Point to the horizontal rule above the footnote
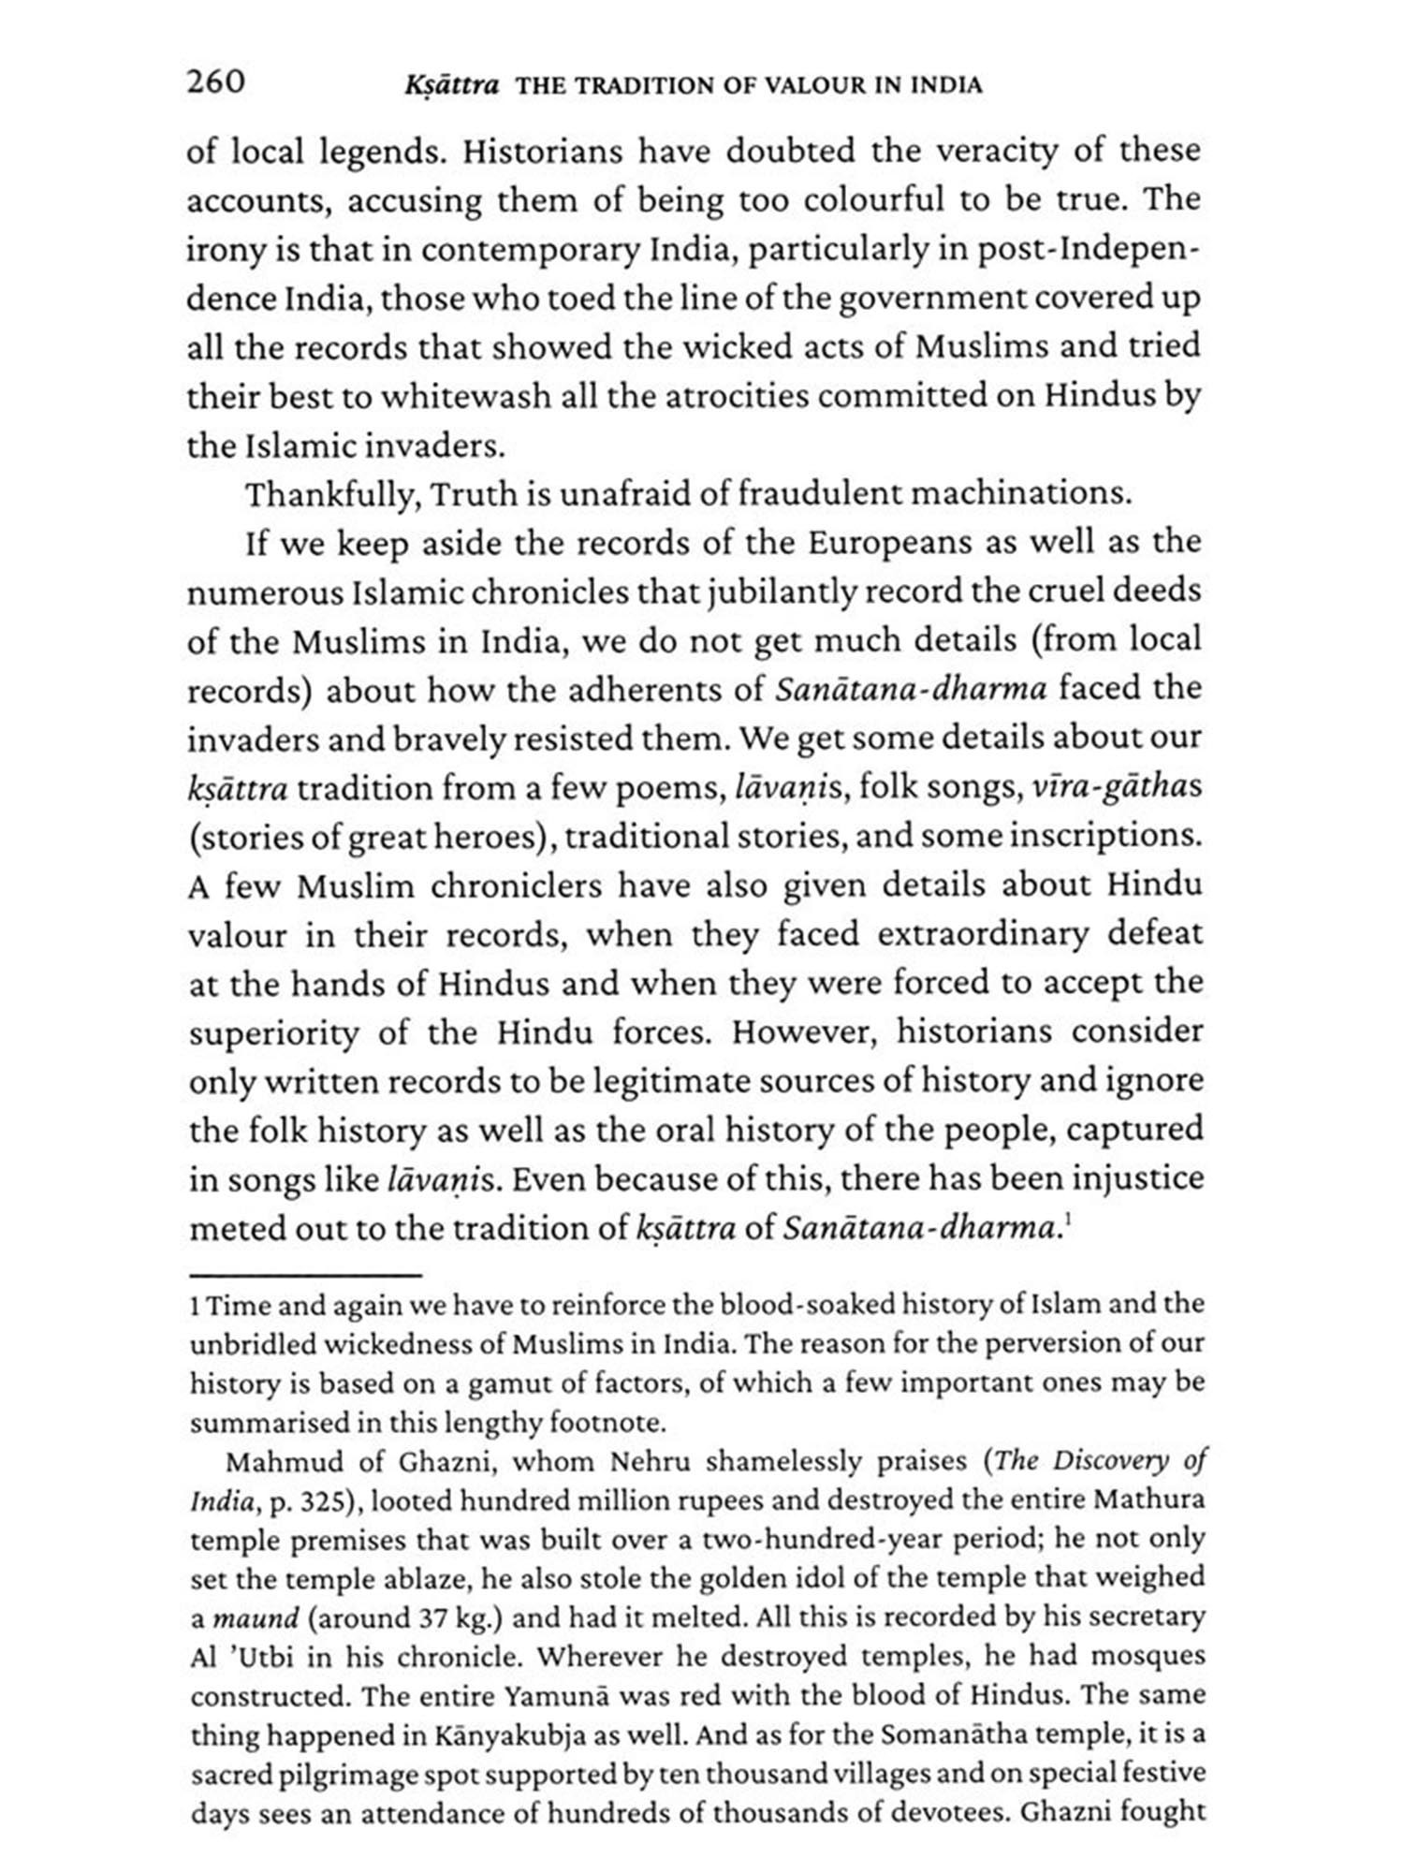(305, 1275)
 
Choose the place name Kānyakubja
(502, 1735)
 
